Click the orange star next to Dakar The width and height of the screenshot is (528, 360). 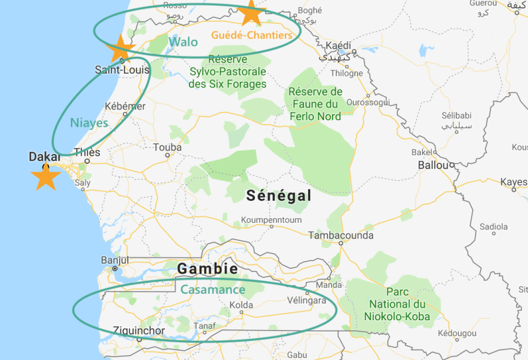coord(45,177)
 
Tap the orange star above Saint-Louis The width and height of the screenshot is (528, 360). coord(121,48)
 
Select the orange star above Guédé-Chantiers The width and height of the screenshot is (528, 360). coord(250,12)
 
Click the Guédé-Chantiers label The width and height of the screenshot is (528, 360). coord(251,35)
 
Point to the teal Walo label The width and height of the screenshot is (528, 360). coord(183,42)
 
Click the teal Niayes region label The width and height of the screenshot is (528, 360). coord(89,123)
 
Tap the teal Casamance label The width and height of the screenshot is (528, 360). coord(213,290)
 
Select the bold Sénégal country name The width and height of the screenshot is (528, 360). coord(278,196)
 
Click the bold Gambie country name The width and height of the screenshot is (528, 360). coord(207,269)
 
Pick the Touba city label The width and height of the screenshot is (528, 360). coord(166,147)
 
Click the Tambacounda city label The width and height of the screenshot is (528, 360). coord(341,235)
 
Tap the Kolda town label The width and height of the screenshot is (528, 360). coord(241,305)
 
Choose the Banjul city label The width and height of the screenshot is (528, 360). coord(115,260)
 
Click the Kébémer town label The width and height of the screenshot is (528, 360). coord(125,106)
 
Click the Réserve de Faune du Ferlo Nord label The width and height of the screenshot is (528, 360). coord(315,104)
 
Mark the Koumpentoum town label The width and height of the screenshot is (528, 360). coord(272,220)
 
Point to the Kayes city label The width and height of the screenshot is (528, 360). coord(513,181)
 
